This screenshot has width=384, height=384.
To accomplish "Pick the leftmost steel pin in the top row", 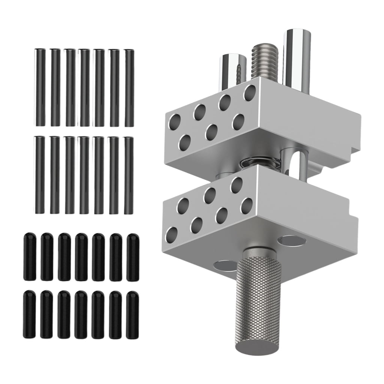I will tap(40, 87).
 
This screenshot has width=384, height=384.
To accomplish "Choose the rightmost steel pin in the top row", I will tap(129, 87).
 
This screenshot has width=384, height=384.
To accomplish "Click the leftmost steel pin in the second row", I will tap(40, 175).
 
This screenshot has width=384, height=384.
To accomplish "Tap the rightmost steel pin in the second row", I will tap(129, 175).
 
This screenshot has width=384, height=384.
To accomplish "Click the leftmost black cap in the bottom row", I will tap(30, 314).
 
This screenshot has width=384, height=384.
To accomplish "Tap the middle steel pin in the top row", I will tap(85, 87).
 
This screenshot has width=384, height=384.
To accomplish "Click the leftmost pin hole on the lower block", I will tap(172, 234).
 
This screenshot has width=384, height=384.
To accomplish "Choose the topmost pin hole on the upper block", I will tap(250, 92).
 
